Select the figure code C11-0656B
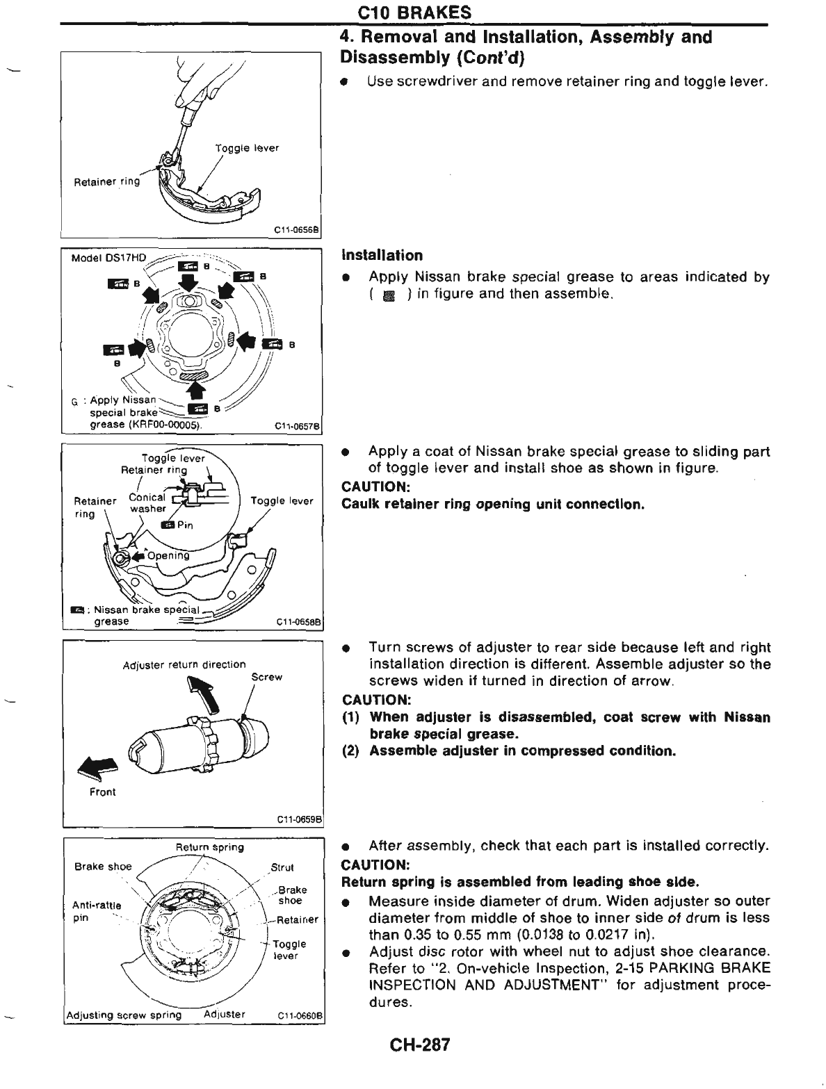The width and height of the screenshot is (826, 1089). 297,231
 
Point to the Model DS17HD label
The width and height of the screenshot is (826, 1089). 109,258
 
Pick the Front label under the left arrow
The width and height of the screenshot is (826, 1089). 103,792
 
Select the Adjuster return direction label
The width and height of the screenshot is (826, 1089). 184,664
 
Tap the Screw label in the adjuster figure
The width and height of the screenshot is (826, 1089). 266,676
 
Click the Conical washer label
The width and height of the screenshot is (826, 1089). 147,502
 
